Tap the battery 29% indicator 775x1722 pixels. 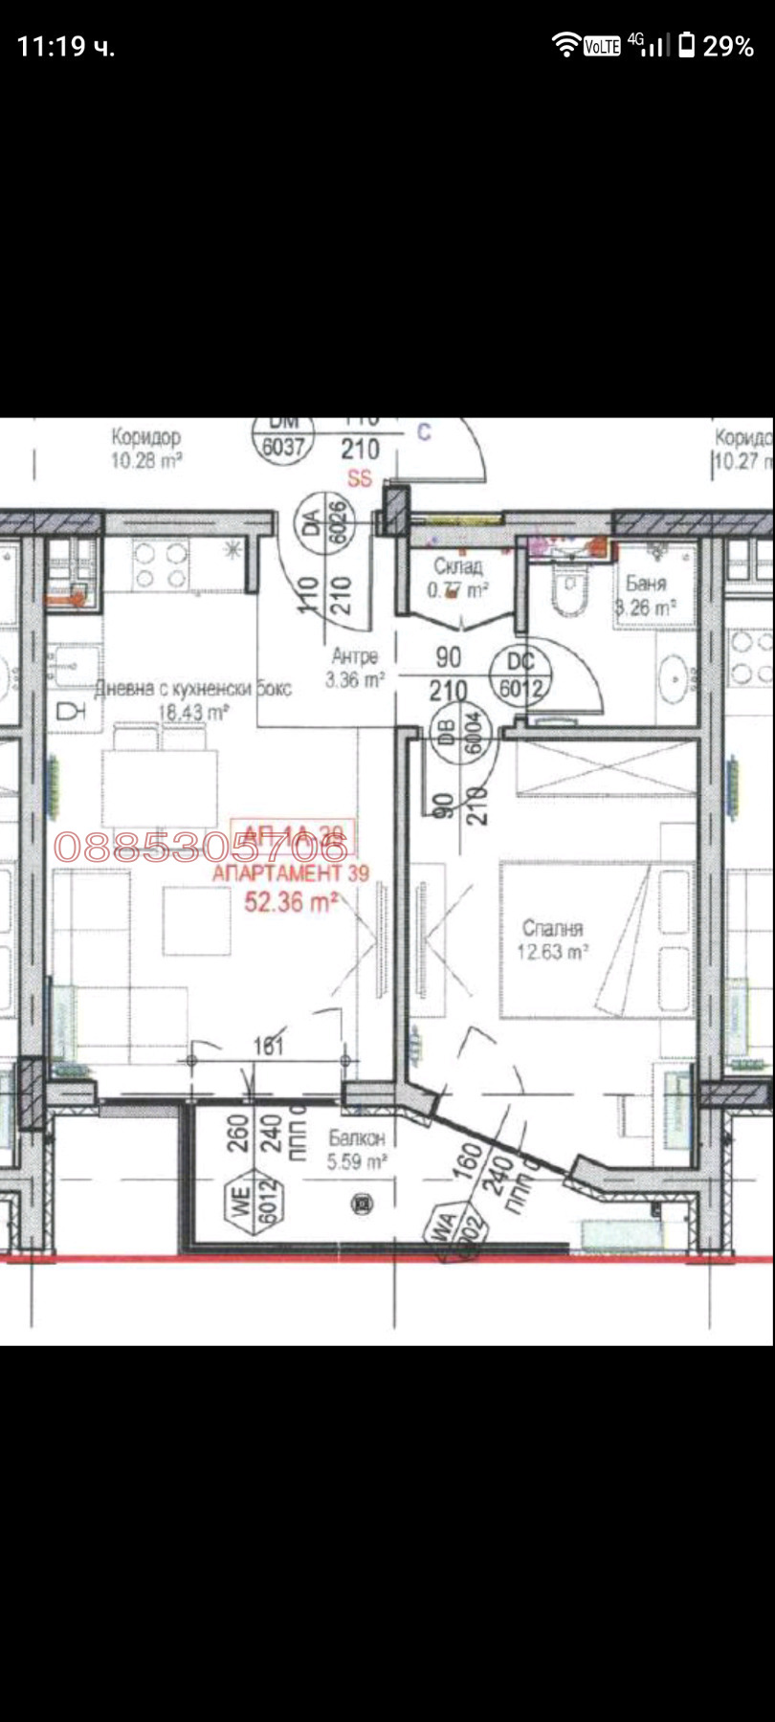click(717, 45)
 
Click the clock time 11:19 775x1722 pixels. click(65, 46)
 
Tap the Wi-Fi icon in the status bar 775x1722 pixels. click(565, 44)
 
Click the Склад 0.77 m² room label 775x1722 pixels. click(457, 579)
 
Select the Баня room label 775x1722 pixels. click(646, 594)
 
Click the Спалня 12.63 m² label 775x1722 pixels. click(552, 939)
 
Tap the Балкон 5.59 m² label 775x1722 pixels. click(357, 1149)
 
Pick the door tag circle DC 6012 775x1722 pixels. click(520, 673)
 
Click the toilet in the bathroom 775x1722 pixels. click(570, 585)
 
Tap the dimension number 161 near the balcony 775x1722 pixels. click(269, 1046)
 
